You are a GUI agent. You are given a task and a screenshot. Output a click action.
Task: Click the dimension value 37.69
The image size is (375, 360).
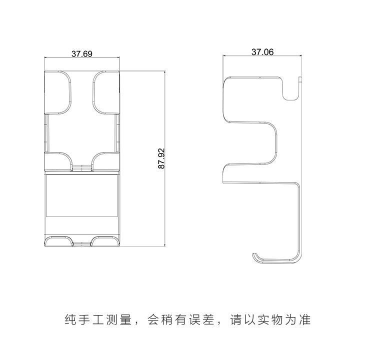pos(81,53)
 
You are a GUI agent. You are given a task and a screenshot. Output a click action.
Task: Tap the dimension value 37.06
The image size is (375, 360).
pos(262,51)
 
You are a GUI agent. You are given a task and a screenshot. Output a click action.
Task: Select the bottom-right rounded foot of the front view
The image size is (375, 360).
pos(105,242)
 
